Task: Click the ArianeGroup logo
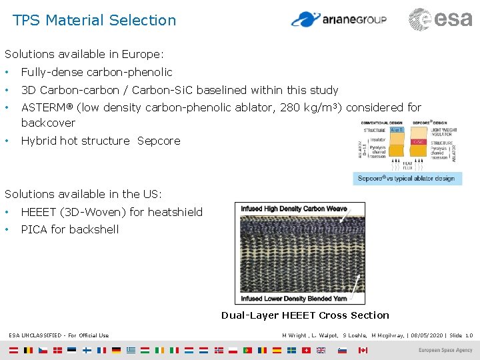(339, 19)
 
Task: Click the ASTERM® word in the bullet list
(47, 107)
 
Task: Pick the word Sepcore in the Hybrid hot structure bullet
(159, 141)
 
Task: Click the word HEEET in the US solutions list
(39, 212)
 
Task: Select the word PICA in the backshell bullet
(35, 229)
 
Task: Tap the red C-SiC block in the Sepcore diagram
(419, 141)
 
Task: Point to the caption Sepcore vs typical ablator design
(406, 178)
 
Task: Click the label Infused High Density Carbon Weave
(294, 209)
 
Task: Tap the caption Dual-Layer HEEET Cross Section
(305, 315)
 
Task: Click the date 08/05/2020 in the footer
(428, 335)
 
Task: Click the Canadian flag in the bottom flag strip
(363, 350)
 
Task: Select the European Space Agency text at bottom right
(445, 350)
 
